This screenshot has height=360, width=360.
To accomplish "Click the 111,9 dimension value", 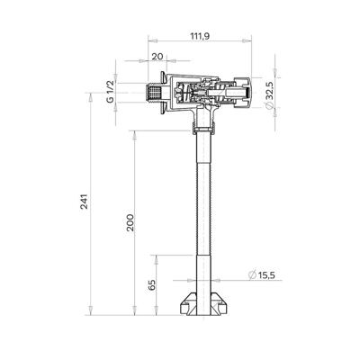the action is pyautogui.click(x=200, y=36).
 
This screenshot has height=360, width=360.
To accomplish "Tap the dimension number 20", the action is pyautogui.click(x=157, y=57).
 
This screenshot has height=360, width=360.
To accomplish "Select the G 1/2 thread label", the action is pyautogui.click(x=111, y=92).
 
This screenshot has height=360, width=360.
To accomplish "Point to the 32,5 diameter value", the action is pyautogui.click(x=269, y=91).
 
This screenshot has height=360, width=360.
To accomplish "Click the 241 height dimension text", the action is pyautogui.click(x=85, y=202).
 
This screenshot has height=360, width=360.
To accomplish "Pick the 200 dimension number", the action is pyautogui.click(x=130, y=222).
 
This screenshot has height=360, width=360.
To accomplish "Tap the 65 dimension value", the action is pyautogui.click(x=152, y=285).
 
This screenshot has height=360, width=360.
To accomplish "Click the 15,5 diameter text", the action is pyautogui.click(x=266, y=275).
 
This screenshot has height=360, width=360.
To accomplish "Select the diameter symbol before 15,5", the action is pyautogui.click(x=253, y=275).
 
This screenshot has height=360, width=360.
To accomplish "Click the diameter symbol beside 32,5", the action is pyautogui.click(x=269, y=105).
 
